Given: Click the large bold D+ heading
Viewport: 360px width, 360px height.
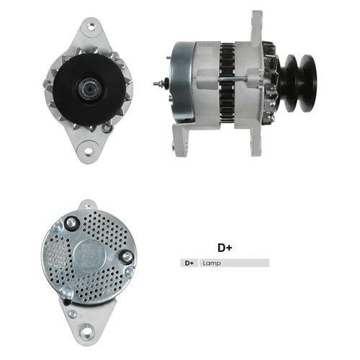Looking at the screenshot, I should point(225,247).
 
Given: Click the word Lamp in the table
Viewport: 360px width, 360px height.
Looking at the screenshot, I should point(212,264).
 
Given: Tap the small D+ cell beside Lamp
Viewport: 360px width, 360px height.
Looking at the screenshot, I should point(189,264).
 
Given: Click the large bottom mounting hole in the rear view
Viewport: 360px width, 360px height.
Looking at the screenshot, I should point(86,332).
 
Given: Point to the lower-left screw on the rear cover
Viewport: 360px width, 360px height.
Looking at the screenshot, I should point(66,291).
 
